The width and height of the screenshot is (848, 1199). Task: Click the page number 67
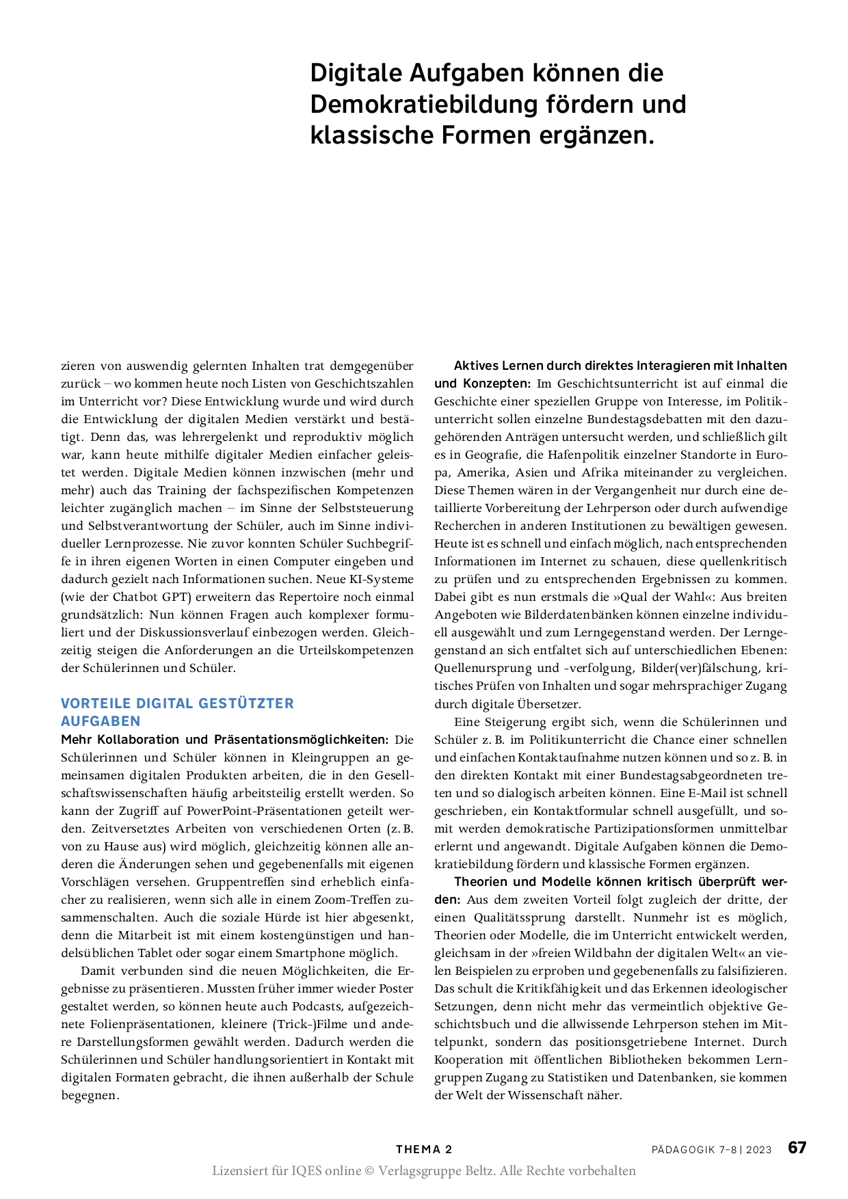coord(797,1147)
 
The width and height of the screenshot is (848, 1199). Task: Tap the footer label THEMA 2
coord(424,1149)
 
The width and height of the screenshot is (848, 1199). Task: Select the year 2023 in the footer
coord(758,1150)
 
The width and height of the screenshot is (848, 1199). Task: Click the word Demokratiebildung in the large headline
coord(422,104)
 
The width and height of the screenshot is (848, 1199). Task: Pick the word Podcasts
coord(317,1006)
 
